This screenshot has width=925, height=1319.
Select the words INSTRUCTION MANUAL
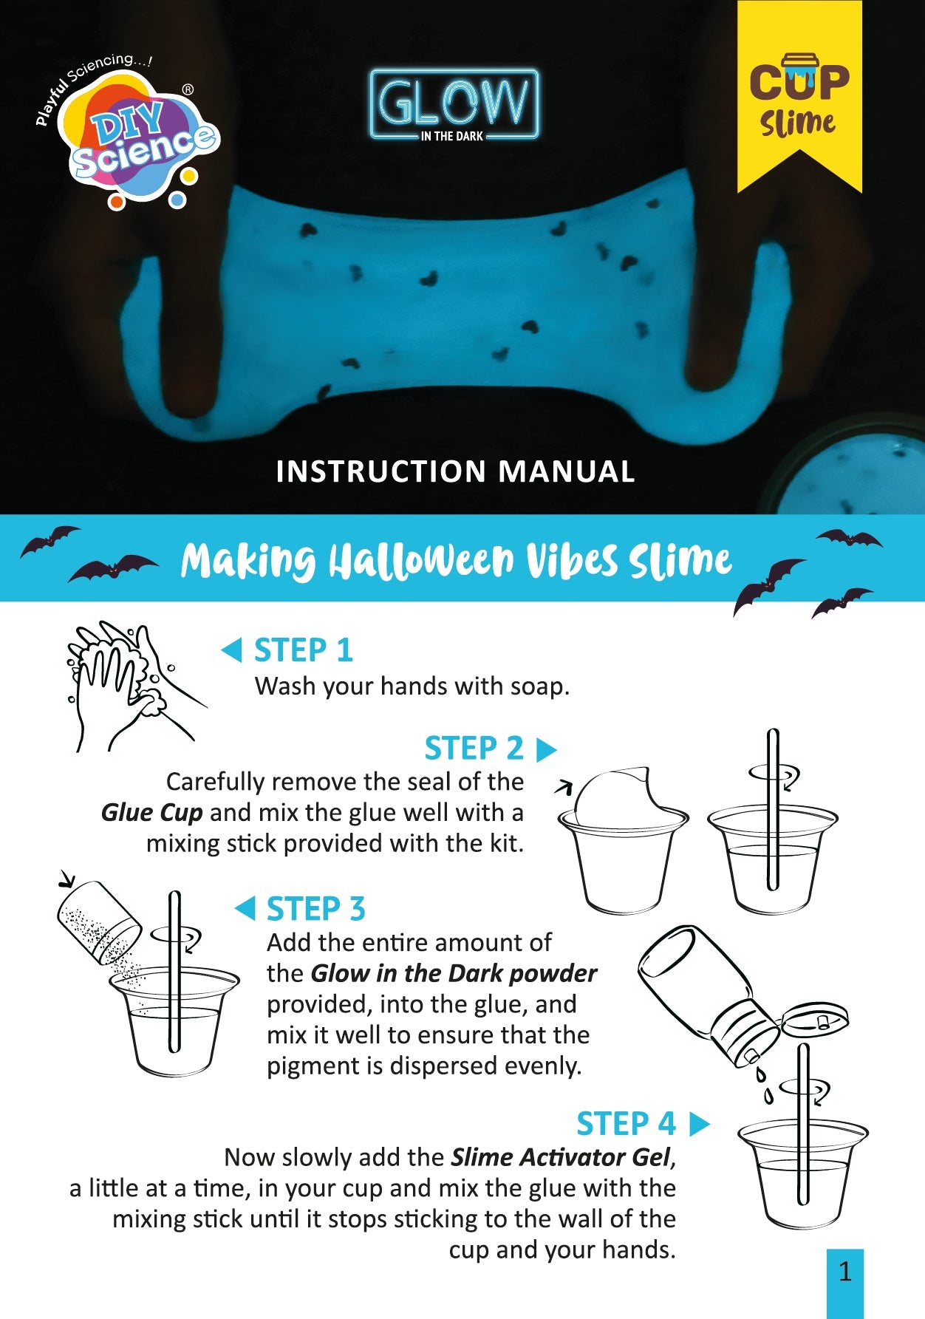(455, 471)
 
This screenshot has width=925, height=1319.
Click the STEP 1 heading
(303, 650)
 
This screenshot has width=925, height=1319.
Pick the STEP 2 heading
(474, 749)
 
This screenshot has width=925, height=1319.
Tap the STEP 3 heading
(315, 909)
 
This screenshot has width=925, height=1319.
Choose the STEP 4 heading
(626, 1124)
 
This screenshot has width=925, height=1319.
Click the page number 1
(845, 1272)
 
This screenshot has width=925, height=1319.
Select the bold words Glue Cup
(151, 812)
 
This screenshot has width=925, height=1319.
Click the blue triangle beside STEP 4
(698, 1124)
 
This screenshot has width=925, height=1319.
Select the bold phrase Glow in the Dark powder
(454, 973)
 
